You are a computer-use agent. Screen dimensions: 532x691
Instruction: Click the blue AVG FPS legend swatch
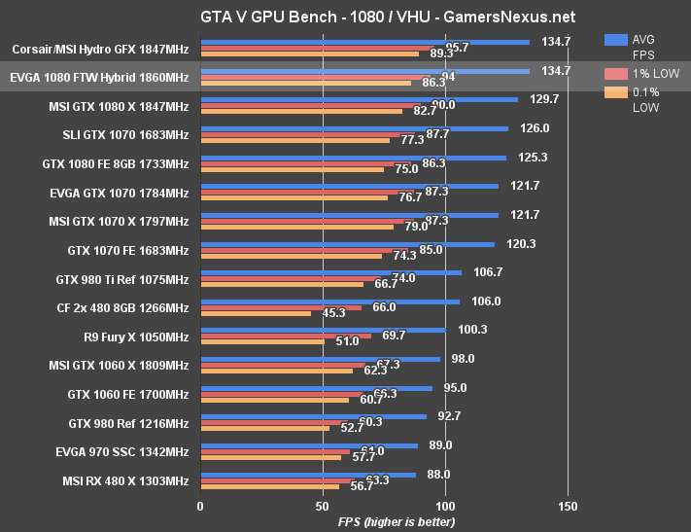[615, 40]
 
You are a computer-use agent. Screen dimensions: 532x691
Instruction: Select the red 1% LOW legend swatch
[615, 73]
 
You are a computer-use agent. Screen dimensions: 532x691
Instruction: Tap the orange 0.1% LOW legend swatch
[615, 92]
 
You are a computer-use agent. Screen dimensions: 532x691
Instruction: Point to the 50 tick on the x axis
[323, 506]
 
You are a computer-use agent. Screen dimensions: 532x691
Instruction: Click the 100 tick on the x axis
[445, 506]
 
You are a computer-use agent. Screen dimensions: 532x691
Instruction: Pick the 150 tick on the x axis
[569, 506]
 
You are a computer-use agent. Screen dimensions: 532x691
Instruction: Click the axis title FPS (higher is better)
[396, 522]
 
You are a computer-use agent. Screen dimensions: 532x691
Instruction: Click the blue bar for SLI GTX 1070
[354, 128]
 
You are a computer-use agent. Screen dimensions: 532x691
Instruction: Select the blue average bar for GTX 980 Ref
[313, 416]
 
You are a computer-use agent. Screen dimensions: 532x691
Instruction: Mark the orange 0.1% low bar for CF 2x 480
[256, 314]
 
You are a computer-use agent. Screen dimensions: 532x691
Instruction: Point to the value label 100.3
[472, 330]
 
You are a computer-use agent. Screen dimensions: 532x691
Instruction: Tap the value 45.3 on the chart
[333, 314]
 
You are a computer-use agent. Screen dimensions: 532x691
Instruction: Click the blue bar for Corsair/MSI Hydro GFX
[364, 42]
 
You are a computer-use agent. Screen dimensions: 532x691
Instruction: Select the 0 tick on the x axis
[200, 506]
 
